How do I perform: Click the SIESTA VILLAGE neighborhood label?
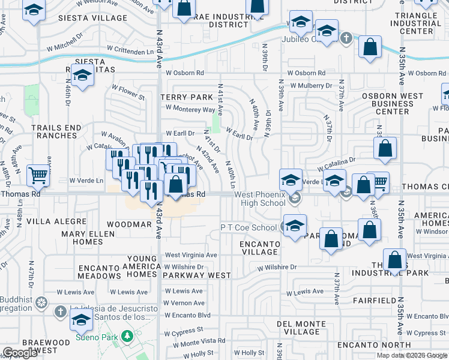coord(93,18)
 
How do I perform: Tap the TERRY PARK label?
coord(187,97)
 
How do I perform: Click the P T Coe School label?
coord(249,227)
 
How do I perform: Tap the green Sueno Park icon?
coord(127,337)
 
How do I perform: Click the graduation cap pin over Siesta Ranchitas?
coord(83,74)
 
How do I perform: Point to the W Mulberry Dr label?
coord(312,86)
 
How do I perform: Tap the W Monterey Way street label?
coord(190,109)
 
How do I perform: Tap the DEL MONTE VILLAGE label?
coord(303,328)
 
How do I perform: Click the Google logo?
coord(20,353)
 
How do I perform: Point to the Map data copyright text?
coord(412,355)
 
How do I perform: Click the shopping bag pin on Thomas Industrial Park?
coord(394,260)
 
